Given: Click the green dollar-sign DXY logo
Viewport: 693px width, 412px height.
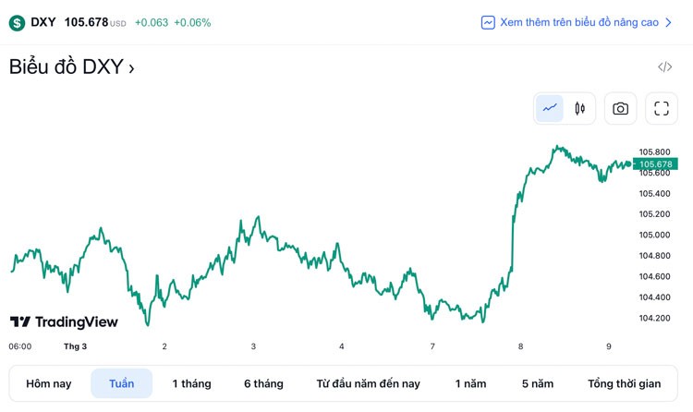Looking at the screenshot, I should pos(17,22).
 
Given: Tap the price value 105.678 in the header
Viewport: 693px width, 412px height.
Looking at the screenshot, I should pos(86,22).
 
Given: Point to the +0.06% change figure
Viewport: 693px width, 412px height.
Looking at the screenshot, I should pos(192,22).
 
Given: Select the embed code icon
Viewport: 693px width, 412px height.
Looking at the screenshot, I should pos(664,67).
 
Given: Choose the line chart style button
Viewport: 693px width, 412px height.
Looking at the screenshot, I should pos(550,108).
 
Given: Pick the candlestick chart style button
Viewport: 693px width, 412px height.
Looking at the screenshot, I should pos(580,108).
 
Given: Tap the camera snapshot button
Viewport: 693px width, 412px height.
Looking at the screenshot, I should pos(620,108).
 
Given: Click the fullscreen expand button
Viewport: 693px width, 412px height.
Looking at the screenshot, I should pos(661,108).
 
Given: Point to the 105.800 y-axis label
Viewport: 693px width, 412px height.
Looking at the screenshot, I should pos(654,151).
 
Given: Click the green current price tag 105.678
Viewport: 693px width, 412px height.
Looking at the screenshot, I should pos(656,164).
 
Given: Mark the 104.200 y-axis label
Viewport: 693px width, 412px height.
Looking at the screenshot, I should pos(654,318).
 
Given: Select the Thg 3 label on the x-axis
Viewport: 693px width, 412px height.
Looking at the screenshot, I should pos(75,346).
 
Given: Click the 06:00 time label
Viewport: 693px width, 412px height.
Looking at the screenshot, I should pos(20,346).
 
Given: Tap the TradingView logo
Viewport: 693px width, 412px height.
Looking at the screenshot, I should pos(64,321).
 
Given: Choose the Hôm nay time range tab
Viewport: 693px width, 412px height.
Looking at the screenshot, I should pos(49,383).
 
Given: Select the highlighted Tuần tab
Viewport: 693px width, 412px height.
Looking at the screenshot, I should pos(121,383).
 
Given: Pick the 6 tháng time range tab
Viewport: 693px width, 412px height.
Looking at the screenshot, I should pos(263,383).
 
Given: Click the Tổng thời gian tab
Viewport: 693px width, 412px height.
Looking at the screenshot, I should pos(625,383).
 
